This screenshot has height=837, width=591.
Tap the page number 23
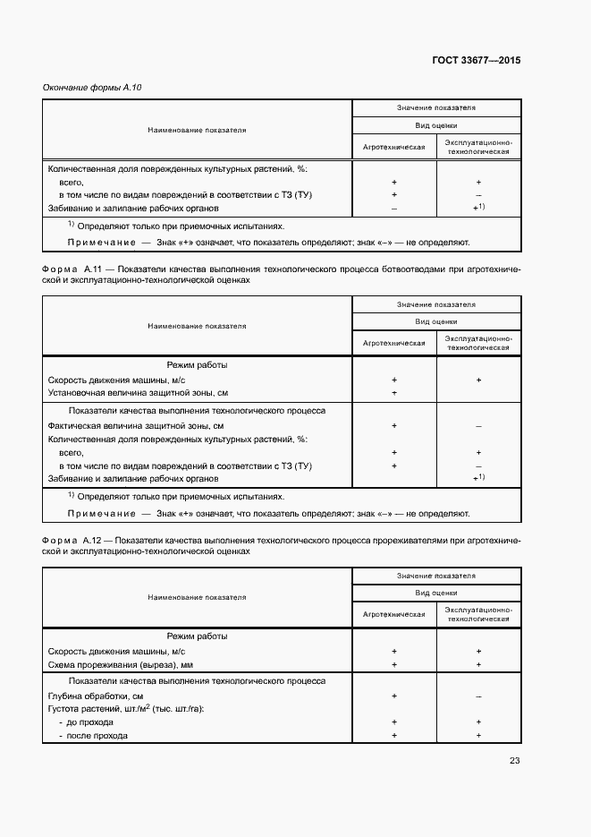514,761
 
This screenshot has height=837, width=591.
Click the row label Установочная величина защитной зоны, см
139,392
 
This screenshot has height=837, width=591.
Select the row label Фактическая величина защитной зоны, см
136,425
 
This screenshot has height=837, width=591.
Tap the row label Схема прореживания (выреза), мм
121,665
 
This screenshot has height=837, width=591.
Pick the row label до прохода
89,722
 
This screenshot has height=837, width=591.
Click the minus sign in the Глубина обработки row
479,696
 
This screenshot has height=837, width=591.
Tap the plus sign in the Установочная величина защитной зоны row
394,393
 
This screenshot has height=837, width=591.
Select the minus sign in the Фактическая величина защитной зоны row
479,426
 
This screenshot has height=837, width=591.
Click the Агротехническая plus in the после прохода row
394,735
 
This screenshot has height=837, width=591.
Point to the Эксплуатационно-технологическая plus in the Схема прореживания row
479,665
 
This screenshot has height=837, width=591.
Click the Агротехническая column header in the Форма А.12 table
394,614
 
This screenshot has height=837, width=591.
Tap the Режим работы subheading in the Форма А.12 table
197,636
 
